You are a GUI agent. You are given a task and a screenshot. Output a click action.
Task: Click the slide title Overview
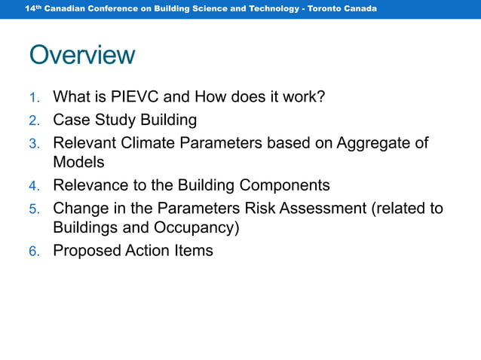coord(82,55)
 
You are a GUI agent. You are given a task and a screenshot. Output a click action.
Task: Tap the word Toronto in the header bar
coord(330,8)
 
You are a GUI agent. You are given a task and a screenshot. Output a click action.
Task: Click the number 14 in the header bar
coord(29,8)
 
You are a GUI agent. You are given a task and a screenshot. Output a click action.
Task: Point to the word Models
coord(78,162)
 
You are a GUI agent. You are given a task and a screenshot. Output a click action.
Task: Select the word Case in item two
coord(69,120)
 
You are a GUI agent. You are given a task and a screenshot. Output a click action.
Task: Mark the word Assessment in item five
coord(323,207)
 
